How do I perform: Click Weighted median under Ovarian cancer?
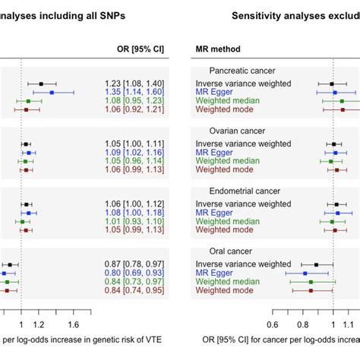point(229,161)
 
